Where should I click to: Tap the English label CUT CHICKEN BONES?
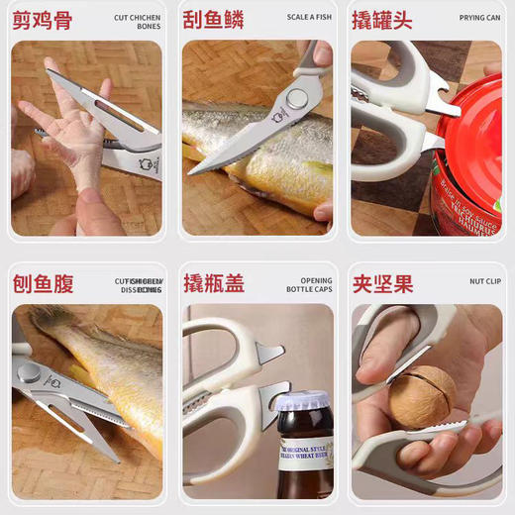click(137, 22)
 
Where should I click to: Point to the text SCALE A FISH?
click(309, 18)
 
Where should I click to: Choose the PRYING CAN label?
click(479, 18)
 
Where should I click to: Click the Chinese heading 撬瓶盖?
click(214, 285)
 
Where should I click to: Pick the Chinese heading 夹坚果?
click(382, 285)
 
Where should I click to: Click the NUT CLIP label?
click(484, 281)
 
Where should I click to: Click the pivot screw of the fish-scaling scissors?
click(294, 97)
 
